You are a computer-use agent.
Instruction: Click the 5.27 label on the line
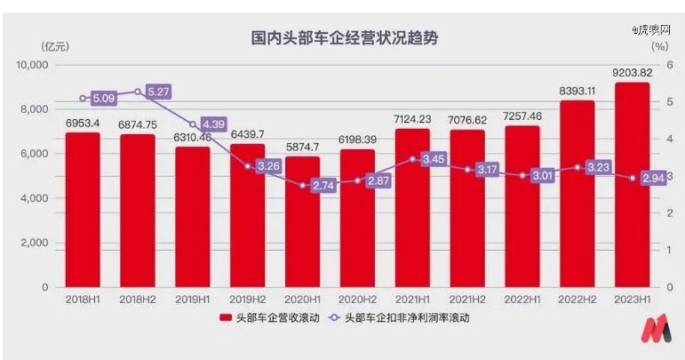tap(156, 91)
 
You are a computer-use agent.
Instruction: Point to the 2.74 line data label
tap(322, 186)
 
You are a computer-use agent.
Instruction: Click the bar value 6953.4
tap(83, 124)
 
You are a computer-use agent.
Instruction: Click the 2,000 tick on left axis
tap(34, 243)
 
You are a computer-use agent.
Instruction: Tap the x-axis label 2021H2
tap(467, 300)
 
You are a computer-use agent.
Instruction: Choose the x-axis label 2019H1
tap(193, 300)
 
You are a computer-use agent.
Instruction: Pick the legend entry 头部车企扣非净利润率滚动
tap(404, 319)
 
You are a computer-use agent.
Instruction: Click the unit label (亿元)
tap(55, 45)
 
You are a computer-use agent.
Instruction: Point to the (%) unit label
tap(659, 45)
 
